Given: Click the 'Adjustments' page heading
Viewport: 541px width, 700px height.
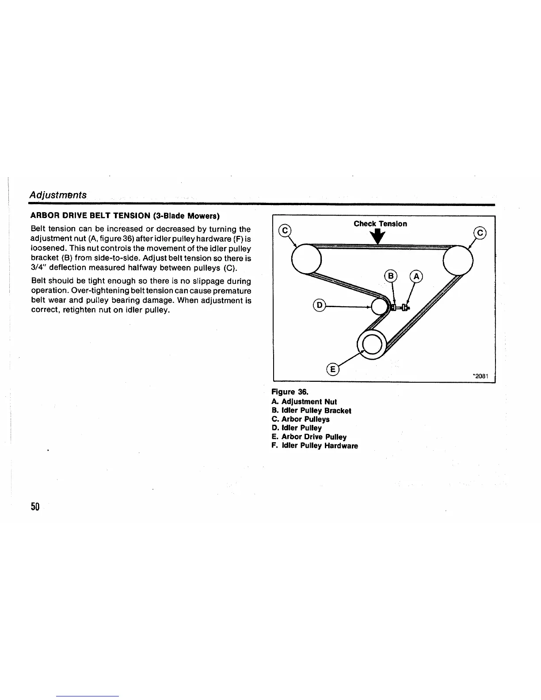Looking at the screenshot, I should point(58,195).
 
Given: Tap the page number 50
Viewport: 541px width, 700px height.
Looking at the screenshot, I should point(35,506).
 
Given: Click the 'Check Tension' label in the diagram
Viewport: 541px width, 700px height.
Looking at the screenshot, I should point(380,224).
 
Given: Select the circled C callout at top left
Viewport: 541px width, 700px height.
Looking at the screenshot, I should point(286,231).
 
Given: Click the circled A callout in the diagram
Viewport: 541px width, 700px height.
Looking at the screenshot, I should point(416,277).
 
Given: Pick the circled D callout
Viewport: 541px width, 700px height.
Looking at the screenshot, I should point(319,305).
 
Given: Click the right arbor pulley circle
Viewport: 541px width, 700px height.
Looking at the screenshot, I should point(458,261).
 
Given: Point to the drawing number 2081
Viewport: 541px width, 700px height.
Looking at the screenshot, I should point(480,376).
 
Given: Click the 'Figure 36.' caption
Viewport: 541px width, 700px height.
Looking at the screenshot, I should point(290,392).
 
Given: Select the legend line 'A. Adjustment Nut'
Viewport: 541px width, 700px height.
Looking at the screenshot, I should point(304,402).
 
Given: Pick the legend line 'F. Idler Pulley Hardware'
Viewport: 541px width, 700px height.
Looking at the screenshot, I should point(315,446).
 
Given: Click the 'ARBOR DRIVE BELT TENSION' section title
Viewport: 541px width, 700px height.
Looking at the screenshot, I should point(125,216).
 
